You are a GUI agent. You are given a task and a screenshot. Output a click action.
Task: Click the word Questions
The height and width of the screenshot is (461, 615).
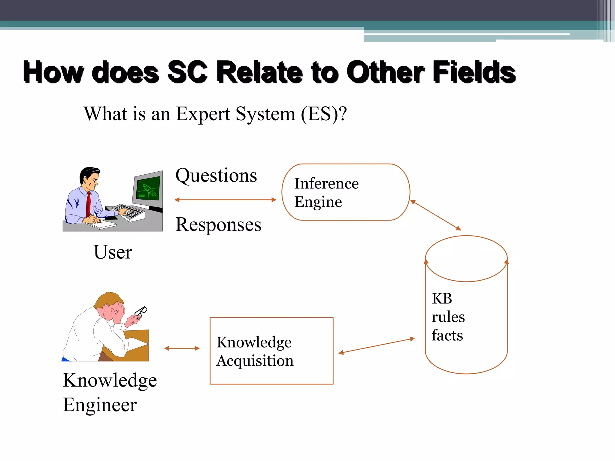coord(216,176)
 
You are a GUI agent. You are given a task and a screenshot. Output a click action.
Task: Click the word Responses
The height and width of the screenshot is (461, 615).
coord(218,225)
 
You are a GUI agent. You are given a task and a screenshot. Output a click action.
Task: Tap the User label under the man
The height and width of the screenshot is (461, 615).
coord(113,252)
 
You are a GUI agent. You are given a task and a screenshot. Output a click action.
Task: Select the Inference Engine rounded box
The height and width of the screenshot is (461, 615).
coord(346,192)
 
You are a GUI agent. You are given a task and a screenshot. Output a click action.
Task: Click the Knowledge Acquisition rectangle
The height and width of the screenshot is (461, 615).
coord(271,351)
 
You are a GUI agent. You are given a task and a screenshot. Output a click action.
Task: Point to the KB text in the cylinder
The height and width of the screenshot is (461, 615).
coord(442,299)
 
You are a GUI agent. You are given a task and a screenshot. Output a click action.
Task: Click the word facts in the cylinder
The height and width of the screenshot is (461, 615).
coord(447,335)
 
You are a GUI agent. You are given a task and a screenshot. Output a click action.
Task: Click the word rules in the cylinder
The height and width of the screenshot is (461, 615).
coord(448,317)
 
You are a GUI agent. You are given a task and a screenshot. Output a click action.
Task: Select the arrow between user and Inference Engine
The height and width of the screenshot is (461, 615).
coord(225,200)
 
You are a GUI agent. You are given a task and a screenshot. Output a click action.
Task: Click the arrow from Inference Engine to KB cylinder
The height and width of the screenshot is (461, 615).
coord(435,215)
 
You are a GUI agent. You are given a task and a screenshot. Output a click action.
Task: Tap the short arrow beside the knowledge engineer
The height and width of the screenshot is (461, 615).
coord(182,348)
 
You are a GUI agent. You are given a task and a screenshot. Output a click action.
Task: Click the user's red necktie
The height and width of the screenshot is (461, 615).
coord(88,204)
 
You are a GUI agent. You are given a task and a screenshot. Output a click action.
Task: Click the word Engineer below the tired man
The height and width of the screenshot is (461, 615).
coord(100,405)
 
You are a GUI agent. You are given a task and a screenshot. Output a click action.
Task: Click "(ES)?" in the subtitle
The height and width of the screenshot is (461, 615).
coord(324,114)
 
